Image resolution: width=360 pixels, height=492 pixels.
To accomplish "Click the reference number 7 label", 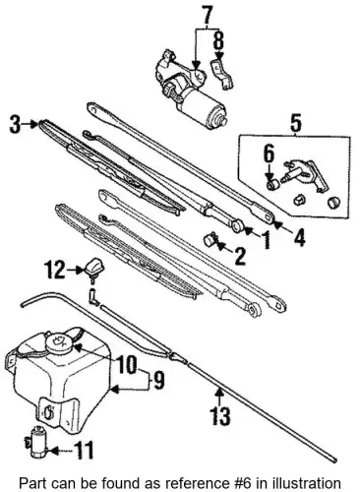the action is [x=208, y=15].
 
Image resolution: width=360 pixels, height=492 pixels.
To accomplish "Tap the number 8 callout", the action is [x=219, y=40].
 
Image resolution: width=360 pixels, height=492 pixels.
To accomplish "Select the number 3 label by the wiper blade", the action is [x=15, y=124].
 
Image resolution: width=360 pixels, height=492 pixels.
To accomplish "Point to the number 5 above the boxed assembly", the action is [x=295, y=123].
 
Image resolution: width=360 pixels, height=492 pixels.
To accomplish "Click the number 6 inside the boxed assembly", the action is [x=269, y=154].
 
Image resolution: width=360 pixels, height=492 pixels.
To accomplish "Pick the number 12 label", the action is [x=55, y=270].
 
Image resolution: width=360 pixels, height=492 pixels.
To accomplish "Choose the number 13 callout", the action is [x=219, y=415].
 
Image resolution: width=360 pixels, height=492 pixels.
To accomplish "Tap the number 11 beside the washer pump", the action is [x=84, y=450].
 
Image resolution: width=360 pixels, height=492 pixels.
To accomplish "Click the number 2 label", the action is [x=240, y=256].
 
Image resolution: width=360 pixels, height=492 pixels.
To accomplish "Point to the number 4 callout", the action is [x=299, y=237].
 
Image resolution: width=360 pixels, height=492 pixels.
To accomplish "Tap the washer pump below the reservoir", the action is [x=37, y=442].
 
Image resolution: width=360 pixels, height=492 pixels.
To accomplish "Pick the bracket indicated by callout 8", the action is [x=222, y=74].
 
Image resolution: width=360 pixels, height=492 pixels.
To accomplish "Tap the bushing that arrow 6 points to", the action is [x=272, y=185].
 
